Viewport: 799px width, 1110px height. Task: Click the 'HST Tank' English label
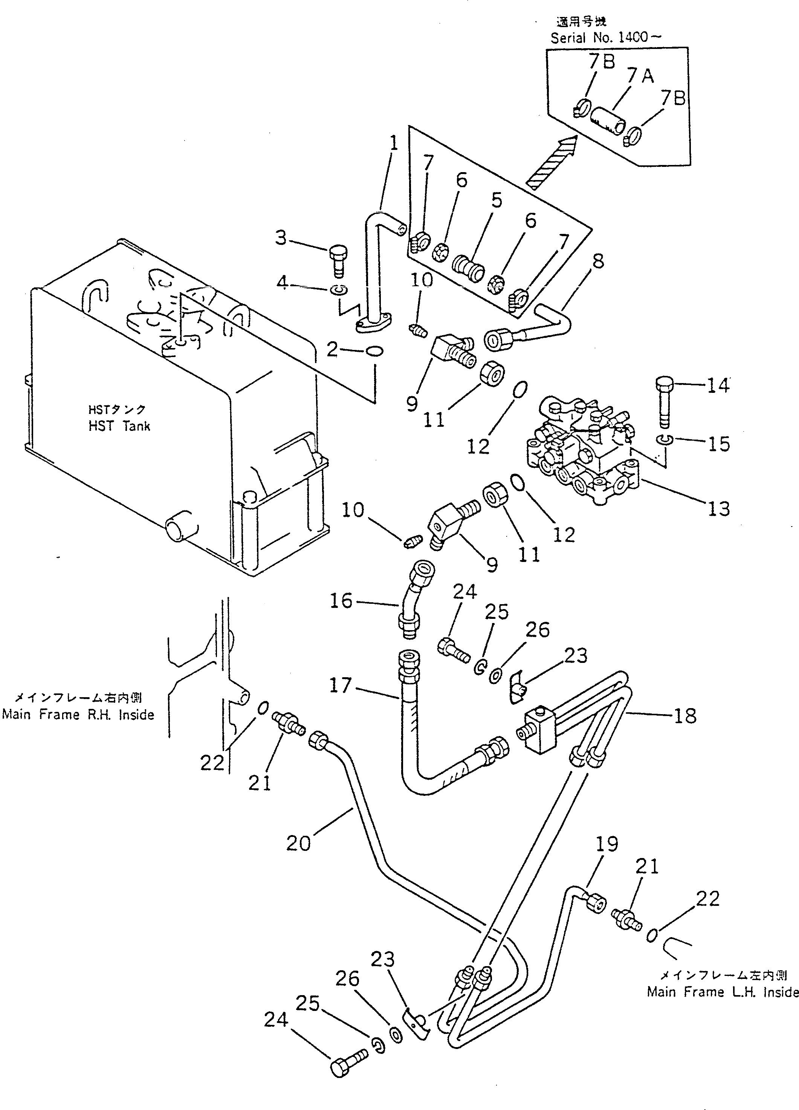tap(119, 426)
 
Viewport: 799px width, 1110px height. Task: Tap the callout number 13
tap(719, 509)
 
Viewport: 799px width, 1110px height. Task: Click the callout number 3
tap(281, 238)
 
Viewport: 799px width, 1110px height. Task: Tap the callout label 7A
tap(640, 76)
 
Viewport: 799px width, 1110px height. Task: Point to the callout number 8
tap(598, 261)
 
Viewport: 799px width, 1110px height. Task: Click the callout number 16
tap(341, 601)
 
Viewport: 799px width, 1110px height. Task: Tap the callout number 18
tap(685, 716)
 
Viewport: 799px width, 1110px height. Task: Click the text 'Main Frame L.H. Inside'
tap(723, 992)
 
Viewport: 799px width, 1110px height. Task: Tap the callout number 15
tap(719, 444)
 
